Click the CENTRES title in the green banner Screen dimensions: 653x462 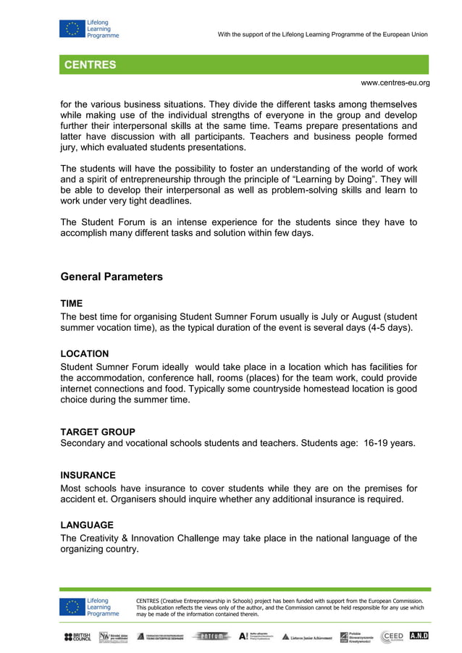pyautogui.click(x=90, y=65)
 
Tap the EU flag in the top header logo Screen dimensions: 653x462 pyautogui.click(x=72, y=29)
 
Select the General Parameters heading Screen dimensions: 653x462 pyautogui.click(x=112, y=277)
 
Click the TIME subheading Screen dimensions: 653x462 pyautogui.click(x=72, y=304)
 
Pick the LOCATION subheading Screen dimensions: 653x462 pyautogui.click(x=85, y=354)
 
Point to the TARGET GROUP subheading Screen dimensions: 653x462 pyautogui.click(x=98, y=432)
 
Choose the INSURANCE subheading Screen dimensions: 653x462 pyautogui.click(x=88, y=476)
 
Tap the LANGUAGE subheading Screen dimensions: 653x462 pyautogui.click(x=87, y=525)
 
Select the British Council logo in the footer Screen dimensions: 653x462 pyautogui.click(x=77, y=636)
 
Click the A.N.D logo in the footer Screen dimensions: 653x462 pyautogui.click(x=419, y=636)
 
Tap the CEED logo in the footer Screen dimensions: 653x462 pyautogui.click(x=392, y=636)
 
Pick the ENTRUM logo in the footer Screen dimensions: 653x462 pyautogui.click(x=211, y=636)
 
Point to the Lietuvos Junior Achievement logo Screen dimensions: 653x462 pyautogui.click(x=307, y=637)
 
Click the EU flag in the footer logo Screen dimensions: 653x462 pyautogui.click(x=72, y=607)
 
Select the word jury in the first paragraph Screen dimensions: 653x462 pyautogui.click(x=69, y=148)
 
